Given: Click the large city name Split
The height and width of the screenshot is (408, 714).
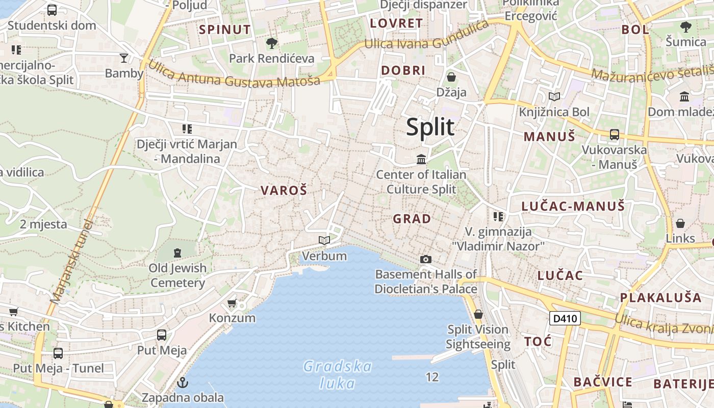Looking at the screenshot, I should click(430, 126).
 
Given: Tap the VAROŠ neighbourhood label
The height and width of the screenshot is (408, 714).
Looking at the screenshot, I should click(284, 191).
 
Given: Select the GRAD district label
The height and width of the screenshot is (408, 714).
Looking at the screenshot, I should click(412, 219).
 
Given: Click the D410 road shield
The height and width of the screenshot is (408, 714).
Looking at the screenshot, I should click(565, 319).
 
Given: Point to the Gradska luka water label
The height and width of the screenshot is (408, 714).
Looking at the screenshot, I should click(337, 374).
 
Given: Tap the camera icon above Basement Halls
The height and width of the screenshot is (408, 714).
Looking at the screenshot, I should click(426, 259).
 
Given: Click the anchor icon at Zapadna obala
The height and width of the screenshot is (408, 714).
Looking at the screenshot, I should click(182, 382).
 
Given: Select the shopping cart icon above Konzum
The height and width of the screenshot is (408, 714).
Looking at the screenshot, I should click(232, 303).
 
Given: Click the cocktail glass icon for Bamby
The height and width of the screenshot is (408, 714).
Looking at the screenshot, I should click(124, 58).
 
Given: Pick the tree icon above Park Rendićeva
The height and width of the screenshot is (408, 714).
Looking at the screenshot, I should click(271, 43).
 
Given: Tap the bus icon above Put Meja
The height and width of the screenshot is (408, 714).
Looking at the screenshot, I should click(162, 335).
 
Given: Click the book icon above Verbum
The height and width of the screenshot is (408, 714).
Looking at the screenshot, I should click(324, 240).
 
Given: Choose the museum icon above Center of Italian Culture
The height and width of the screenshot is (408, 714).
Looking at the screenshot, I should click(421, 159).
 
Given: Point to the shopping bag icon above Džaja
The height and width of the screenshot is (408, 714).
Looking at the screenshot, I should click(451, 77).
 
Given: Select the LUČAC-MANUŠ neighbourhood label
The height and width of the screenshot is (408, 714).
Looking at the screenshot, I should click(573, 207).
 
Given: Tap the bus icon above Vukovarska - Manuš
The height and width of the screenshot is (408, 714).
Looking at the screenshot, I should click(615, 135).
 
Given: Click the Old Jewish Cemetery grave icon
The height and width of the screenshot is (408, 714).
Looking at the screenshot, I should click(177, 252).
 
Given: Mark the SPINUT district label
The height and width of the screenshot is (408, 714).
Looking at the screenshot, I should click(225, 30).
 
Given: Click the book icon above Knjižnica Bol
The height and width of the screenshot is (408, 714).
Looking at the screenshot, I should click(554, 96).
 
